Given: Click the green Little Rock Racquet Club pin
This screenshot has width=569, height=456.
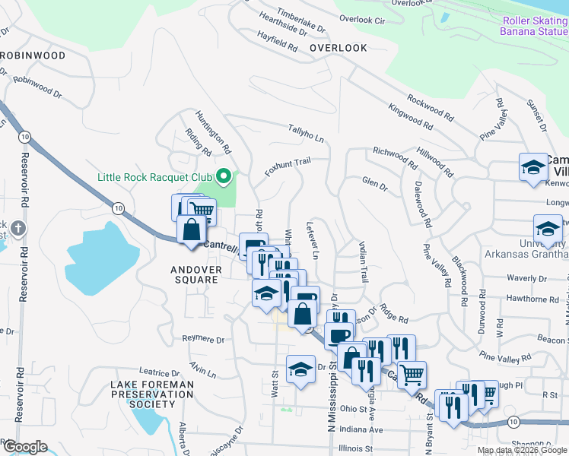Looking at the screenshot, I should (x=223, y=176).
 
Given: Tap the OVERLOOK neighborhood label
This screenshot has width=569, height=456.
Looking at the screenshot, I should (x=339, y=48).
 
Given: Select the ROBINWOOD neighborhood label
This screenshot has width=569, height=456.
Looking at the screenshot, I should (x=33, y=55).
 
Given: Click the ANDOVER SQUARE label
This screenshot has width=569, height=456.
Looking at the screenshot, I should (x=196, y=274).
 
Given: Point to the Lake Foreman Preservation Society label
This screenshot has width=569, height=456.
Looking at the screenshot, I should (x=148, y=394).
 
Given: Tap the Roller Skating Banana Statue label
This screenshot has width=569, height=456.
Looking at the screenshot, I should (x=534, y=26).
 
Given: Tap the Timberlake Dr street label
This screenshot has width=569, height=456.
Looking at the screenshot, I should (x=301, y=19).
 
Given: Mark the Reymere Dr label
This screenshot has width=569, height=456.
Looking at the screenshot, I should (x=204, y=339).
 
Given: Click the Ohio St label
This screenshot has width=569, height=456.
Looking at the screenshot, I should (x=354, y=409).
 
